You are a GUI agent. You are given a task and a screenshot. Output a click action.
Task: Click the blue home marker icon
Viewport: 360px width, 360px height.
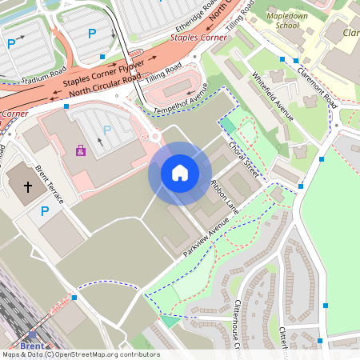pyautogui.click(x=180, y=173)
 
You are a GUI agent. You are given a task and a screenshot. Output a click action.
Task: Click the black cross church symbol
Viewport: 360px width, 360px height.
pyautogui.click(x=28, y=187)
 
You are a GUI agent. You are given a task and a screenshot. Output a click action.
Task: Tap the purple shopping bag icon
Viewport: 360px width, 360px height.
pyautogui.click(x=80, y=150)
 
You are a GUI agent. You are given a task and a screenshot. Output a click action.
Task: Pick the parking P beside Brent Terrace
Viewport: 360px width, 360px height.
pyautogui.click(x=45, y=211)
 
